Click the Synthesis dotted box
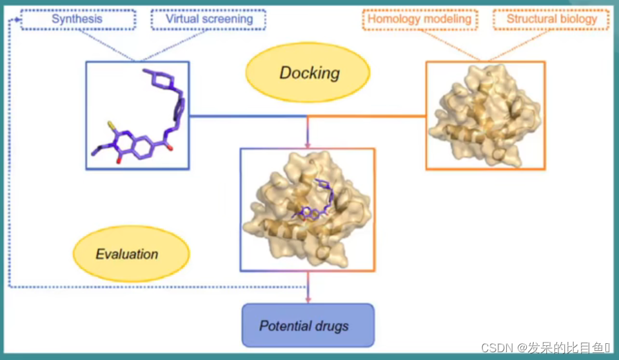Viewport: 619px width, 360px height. click(x=77, y=19)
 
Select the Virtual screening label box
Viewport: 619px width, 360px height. click(x=209, y=19)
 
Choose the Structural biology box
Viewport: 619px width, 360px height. click(x=551, y=19)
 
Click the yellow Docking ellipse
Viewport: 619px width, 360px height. click(x=309, y=72)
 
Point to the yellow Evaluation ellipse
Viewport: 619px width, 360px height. click(x=127, y=254)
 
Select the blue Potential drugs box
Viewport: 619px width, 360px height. click(x=308, y=325)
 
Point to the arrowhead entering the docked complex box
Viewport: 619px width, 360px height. click(x=308, y=145)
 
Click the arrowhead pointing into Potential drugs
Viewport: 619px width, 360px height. click(x=308, y=299)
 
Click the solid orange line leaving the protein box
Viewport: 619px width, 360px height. click(x=368, y=116)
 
